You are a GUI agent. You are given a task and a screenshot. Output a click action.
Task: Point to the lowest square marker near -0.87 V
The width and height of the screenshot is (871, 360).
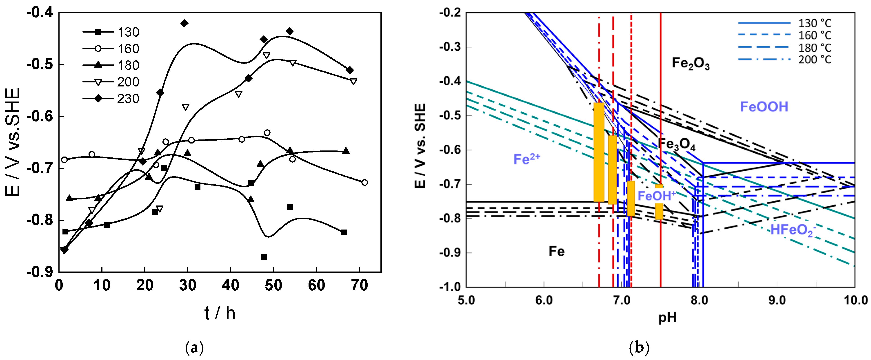pos(264,257)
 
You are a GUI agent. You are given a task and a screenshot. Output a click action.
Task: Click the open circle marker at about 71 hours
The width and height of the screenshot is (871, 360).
pos(364,183)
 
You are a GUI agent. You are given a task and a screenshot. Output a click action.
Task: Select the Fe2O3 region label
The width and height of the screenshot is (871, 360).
pos(691,63)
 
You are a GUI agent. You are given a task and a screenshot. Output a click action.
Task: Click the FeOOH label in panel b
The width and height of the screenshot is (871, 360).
pos(764,107)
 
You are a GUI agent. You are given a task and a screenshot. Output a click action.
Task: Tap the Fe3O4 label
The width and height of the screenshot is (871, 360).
pos(676,144)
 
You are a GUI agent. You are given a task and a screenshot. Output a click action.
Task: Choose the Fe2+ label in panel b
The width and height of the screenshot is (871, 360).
pos(527,159)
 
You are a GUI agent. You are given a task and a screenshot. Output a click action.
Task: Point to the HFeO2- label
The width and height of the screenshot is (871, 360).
pos(793,230)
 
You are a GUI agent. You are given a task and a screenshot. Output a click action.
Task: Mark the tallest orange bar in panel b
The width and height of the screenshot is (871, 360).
pos(599,152)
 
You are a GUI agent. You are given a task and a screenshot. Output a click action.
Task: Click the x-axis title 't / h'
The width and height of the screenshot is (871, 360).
pos(220,313)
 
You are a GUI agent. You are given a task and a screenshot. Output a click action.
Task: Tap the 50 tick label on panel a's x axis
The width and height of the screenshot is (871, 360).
pos(273,286)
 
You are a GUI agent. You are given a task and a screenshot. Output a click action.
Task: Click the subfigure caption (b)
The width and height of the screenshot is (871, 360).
pos(639,347)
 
